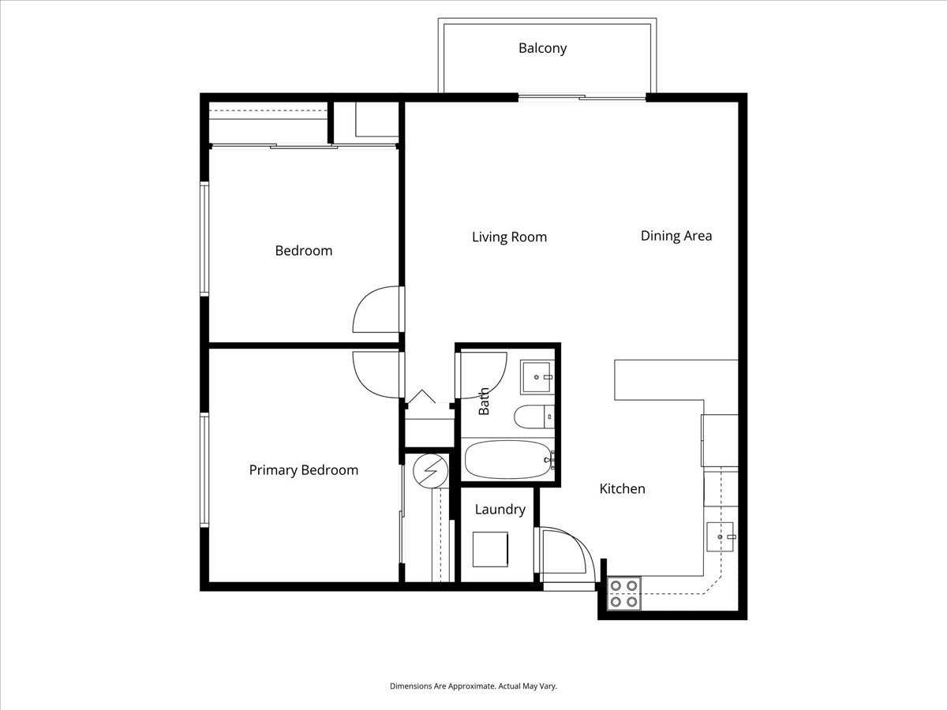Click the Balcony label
(542, 48)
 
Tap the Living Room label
(509, 237)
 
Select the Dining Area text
(676, 236)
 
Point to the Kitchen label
(622, 488)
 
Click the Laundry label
(500, 510)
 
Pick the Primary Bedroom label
(304, 470)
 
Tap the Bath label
(484, 401)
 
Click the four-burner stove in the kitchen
(624, 593)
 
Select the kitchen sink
(720, 536)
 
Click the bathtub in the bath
(507, 460)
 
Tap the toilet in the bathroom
(533, 417)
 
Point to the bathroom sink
(537, 377)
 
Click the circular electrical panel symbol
(431, 471)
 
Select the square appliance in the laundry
(490, 549)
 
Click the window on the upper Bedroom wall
(204, 239)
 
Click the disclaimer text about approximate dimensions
(473, 686)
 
